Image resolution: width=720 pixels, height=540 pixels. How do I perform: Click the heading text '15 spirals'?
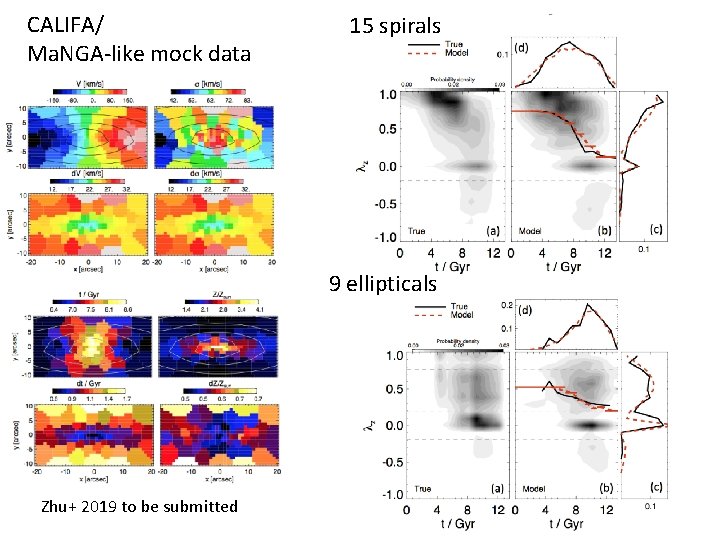(x=394, y=27)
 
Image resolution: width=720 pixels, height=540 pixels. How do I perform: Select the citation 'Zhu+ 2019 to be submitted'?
(x=140, y=506)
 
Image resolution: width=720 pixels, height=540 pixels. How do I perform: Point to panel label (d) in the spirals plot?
(x=522, y=47)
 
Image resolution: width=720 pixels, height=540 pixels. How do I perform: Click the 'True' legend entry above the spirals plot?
(x=454, y=45)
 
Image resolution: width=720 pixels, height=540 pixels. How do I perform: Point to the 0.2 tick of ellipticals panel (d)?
(x=534, y=304)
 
